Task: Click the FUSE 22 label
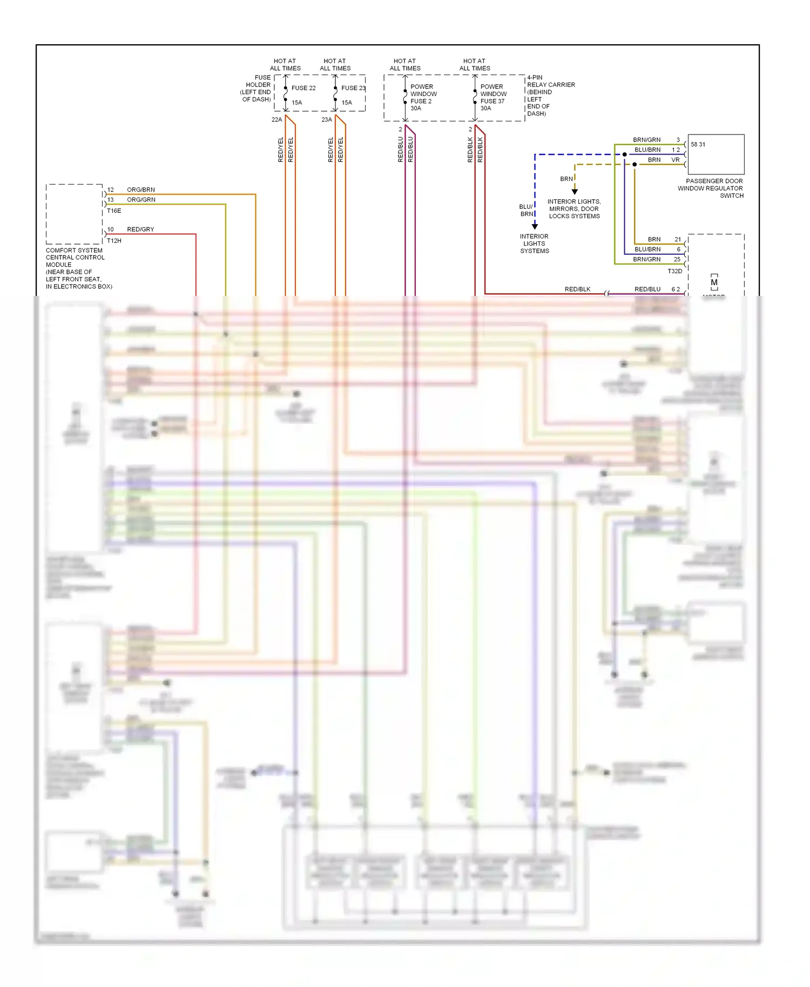pos(303,88)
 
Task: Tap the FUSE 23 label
pos(353,88)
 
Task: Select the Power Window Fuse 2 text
pos(423,97)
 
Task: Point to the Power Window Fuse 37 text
pos(493,97)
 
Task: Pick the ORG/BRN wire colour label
pos(141,190)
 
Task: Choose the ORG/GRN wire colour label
pos(141,200)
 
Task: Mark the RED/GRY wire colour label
pos(140,229)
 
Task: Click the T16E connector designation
pos(114,211)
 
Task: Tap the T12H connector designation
pos(114,241)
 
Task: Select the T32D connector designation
pos(675,271)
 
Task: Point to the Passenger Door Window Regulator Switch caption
pos(711,188)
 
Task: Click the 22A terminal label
pos(276,120)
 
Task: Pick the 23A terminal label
pos(327,120)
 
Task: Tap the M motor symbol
pos(714,282)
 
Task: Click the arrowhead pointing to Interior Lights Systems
pos(535,226)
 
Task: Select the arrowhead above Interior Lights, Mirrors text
pos(575,192)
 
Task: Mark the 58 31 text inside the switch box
pos(698,145)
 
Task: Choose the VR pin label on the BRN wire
pos(676,160)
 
